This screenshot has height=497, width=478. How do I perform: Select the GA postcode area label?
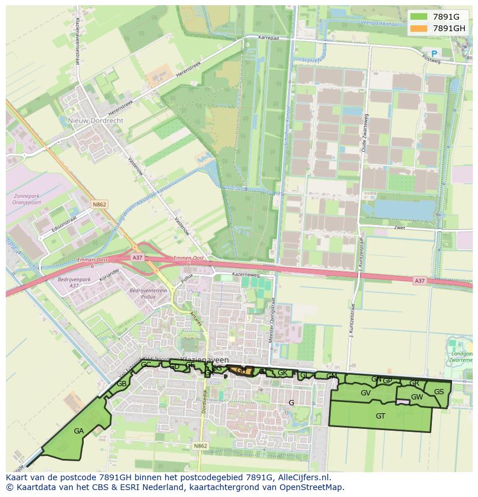(x=79, y=431)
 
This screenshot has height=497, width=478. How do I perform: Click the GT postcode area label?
(x=380, y=416)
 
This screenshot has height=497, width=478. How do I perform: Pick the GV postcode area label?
(x=365, y=393)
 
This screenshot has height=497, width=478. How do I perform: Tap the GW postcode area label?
(x=417, y=397)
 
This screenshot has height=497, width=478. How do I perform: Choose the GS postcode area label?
(x=439, y=392)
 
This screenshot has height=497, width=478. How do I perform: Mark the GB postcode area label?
(x=122, y=384)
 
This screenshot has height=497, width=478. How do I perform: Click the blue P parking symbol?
(x=434, y=54)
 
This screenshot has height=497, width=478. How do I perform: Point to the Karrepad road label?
(x=268, y=37)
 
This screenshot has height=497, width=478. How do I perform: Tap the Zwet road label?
(x=400, y=228)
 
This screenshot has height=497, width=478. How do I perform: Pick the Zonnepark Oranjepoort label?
(x=28, y=199)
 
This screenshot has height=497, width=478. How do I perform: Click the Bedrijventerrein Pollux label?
(x=149, y=294)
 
